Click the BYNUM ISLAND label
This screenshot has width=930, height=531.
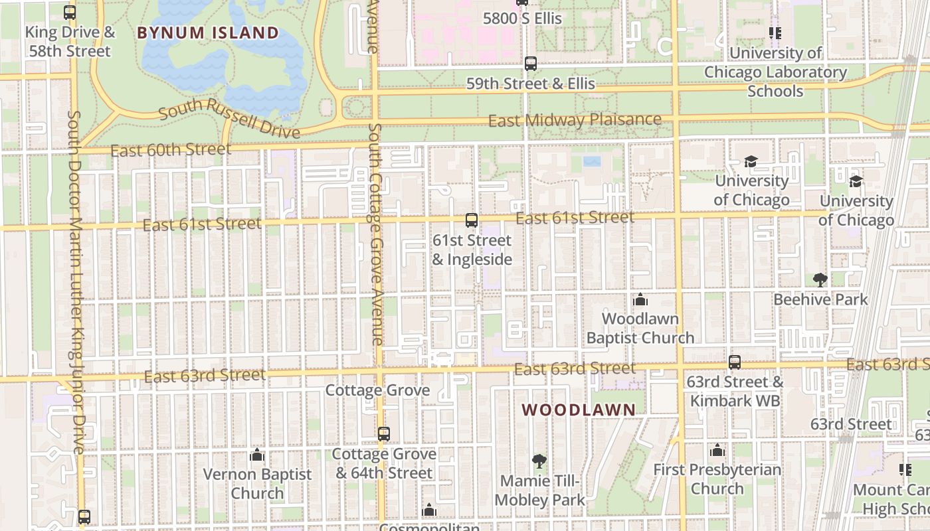tap(208, 33)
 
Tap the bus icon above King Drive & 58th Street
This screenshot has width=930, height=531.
tap(70, 13)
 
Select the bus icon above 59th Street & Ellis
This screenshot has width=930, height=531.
tap(530, 64)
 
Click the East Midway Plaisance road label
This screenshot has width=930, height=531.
tap(575, 120)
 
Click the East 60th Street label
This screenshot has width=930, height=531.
tap(171, 150)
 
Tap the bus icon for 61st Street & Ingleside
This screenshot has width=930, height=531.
tap(472, 220)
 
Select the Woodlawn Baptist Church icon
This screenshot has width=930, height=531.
tap(640, 299)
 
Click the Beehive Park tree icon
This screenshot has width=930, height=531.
tap(820, 279)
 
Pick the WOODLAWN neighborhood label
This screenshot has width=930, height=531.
tap(579, 410)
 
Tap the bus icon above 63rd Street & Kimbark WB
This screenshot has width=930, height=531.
tap(735, 362)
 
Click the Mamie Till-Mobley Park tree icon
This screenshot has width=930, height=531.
tap(539, 461)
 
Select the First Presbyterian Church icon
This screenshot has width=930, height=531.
tap(717, 451)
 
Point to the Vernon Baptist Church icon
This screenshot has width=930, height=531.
tap(257, 455)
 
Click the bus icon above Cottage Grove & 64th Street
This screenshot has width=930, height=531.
tap(384, 434)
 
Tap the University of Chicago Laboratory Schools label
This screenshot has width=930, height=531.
tap(775, 72)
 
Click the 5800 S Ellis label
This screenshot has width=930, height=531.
tap(522, 19)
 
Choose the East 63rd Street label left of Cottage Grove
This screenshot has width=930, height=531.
tap(205, 376)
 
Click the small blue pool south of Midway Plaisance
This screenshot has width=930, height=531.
tap(592, 161)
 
